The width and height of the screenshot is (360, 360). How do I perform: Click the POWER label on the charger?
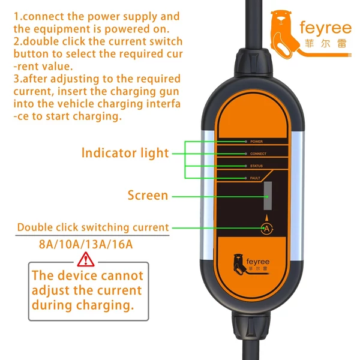256,142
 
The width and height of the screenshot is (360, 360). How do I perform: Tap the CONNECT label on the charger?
258,154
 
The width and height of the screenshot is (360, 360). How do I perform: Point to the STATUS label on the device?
256,166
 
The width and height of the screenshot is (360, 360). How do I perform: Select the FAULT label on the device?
255,178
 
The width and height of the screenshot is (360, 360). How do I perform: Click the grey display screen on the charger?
268,196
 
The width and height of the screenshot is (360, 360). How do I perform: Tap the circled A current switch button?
267,229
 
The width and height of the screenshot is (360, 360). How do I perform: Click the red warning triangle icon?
86,259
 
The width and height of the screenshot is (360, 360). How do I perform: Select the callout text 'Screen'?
148,196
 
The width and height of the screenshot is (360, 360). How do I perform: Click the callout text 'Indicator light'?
125,153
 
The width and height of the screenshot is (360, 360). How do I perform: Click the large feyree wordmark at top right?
326,28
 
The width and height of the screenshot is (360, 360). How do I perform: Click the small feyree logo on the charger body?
251,265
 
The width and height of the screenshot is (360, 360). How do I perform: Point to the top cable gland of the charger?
253,62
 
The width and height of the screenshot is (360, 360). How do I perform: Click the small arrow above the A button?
266,218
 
